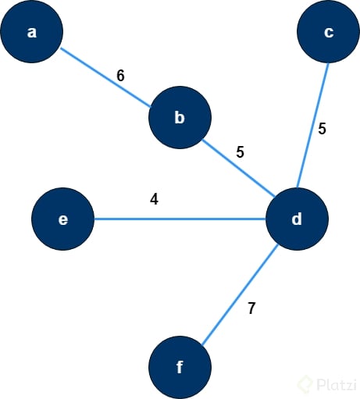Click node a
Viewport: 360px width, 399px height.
pyautogui.click(x=32, y=32)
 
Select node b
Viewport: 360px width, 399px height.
pyautogui.click(x=180, y=118)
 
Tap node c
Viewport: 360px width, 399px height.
pyautogui.click(x=328, y=32)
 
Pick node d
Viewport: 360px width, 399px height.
pyautogui.click(x=297, y=219)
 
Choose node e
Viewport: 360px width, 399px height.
pyautogui.click(x=63, y=219)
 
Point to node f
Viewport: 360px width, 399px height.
pyautogui.click(x=180, y=367)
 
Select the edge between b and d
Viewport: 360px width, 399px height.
pyautogui.click(x=238, y=169)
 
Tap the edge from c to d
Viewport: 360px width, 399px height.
pyautogui.click(x=312, y=125)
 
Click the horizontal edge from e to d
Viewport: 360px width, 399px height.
pyautogui.click(x=180, y=219)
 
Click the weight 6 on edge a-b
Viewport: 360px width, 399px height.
pyautogui.click(x=120, y=76)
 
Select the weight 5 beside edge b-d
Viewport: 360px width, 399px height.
pyautogui.click(x=240, y=152)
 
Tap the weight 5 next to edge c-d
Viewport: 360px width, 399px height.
pyautogui.click(x=323, y=130)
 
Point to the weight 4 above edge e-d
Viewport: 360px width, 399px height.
pyautogui.click(x=154, y=199)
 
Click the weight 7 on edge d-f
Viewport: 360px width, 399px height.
pyautogui.click(x=251, y=308)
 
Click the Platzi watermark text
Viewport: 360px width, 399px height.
pyautogui.click(x=337, y=384)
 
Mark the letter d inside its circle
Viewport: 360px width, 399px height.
pyautogui.click(x=297, y=219)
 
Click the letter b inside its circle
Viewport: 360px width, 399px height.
pyautogui.click(x=180, y=118)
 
